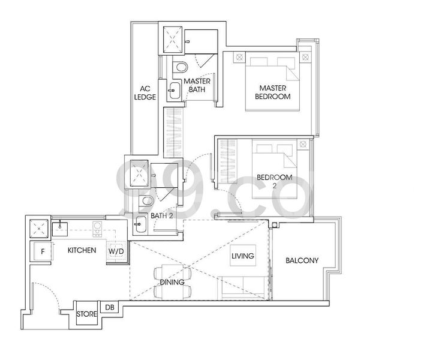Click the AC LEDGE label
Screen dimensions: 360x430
145,93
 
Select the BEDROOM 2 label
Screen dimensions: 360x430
274,181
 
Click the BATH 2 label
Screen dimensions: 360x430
161,215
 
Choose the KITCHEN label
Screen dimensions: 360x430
82,250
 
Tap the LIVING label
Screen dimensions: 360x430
242,256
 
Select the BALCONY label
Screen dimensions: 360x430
302,260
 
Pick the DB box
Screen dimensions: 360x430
110,307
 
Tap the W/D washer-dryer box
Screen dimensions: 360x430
116,251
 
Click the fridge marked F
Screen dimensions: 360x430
42,251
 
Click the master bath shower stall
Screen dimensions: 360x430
173,39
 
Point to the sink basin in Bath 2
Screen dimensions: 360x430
139,224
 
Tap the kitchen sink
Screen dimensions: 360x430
61,227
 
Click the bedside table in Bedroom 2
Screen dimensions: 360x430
303,144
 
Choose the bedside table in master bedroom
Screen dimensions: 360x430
240,58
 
